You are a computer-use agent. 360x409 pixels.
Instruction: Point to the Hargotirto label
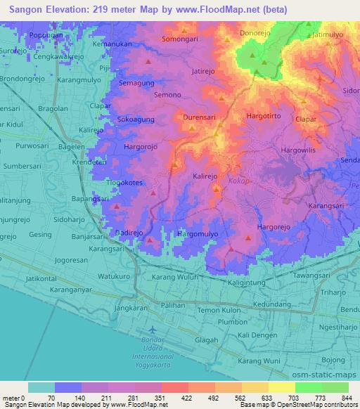click(x=266, y=115)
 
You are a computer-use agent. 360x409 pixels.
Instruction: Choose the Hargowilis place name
click(x=300, y=151)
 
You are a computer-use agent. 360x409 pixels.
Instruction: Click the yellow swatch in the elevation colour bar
click(x=281, y=387)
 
